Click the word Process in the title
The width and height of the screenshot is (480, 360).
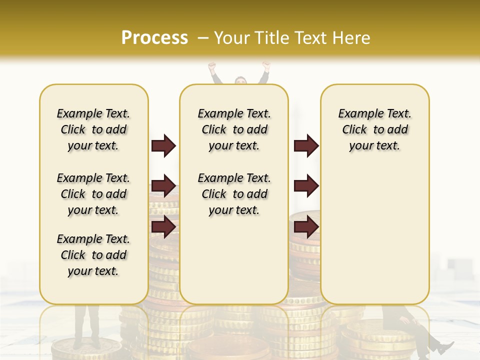(154, 38)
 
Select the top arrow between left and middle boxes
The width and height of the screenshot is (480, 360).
(163, 146)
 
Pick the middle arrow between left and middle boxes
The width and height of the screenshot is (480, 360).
(163, 186)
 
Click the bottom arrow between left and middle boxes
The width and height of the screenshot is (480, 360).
(163, 226)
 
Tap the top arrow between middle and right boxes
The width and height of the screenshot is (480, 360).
(306, 146)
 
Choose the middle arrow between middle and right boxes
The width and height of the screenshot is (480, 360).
(306, 186)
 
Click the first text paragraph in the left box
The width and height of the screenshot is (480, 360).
(93, 129)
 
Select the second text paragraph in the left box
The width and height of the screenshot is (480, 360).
(93, 194)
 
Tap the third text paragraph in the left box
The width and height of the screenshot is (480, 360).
(93, 255)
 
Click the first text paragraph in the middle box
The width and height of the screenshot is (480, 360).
(234, 129)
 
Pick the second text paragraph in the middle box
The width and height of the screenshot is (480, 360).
(234, 194)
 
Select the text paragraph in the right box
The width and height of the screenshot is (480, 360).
(374, 129)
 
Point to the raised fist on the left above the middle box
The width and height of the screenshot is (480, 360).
(212, 66)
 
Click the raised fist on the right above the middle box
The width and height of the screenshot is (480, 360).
(266, 65)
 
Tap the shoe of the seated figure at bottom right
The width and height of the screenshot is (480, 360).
(443, 346)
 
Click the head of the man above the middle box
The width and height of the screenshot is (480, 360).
(240, 80)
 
